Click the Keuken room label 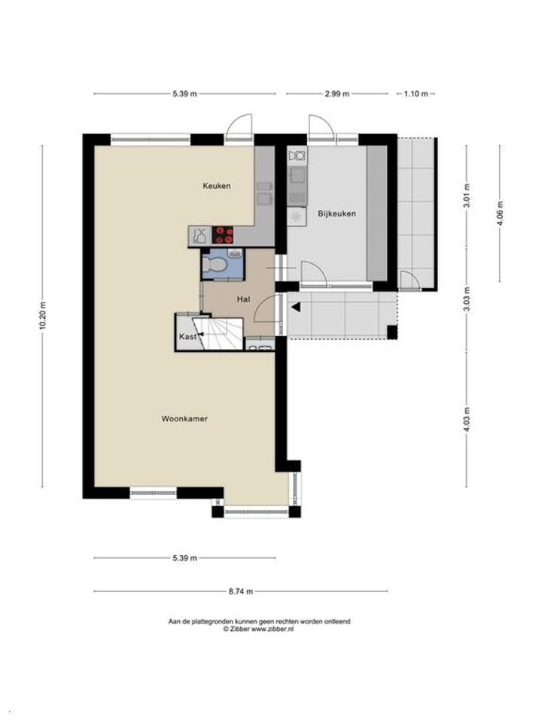tap(217, 186)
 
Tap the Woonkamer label tap(184, 419)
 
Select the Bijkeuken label tap(337, 214)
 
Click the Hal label tap(243, 299)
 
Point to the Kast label tap(187, 337)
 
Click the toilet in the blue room tap(215, 264)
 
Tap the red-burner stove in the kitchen tap(223, 235)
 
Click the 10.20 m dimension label tap(43, 316)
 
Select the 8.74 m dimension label tap(241, 592)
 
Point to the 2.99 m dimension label tap(337, 94)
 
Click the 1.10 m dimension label tap(416, 94)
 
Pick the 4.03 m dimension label tap(467, 420)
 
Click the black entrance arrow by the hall tap(295, 307)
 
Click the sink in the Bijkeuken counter tap(296, 176)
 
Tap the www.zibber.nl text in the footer tap(272, 629)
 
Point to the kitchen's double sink tap(263, 193)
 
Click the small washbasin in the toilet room tap(236, 253)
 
